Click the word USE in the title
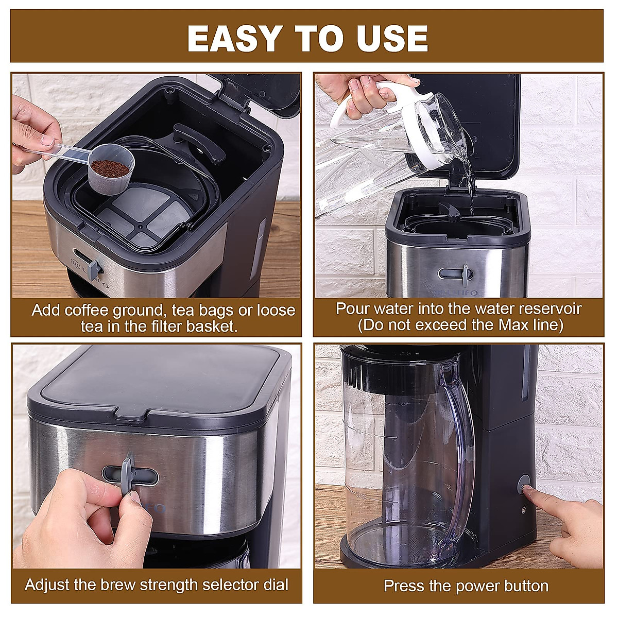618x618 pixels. [391, 38]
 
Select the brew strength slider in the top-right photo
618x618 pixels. [465, 272]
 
